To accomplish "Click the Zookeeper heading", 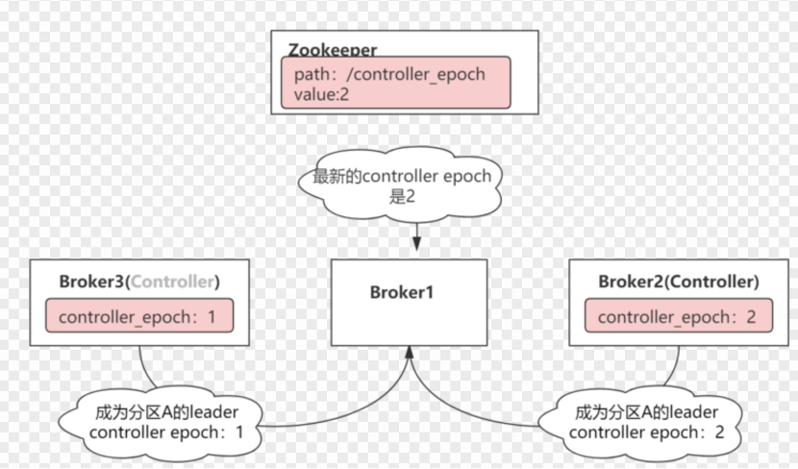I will click(333, 49).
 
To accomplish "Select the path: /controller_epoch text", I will click(389, 74).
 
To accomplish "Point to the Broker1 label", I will click(402, 292).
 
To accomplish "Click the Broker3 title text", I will click(93, 282).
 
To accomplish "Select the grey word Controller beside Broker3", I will click(173, 282).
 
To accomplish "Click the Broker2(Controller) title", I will click(678, 282).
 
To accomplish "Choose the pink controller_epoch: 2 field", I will click(678, 316).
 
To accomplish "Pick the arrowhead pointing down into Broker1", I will click(415, 245).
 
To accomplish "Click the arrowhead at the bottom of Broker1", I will click(409, 355).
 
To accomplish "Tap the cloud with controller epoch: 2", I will click(644, 423).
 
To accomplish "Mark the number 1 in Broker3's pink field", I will click(212, 316).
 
